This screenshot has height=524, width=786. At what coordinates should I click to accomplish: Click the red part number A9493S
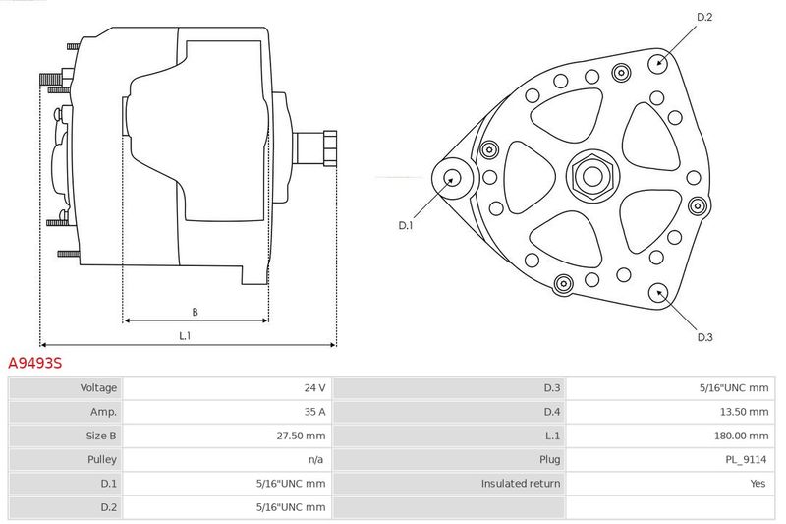pyautogui.click(x=35, y=363)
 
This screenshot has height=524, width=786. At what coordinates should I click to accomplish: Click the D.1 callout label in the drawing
pyautogui.click(x=406, y=226)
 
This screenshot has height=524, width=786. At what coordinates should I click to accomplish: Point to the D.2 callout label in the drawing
pyautogui.click(x=704, y=17)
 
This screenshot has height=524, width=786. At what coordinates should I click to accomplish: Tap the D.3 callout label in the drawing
pyautogui.click(x=704, y=337)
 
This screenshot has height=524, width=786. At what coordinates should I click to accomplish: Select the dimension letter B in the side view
pyautogui.click(x=195, y=312)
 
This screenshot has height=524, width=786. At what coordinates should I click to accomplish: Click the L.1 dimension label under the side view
pyautogui.click(x=185, y=336)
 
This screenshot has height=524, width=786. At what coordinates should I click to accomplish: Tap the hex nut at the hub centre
pyautogui.click(x=592, y=176)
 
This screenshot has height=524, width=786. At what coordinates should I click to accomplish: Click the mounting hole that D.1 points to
pyautogui.click(x=453, y=178)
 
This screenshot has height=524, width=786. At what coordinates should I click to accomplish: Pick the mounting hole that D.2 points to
pyautogui.click(x=658, y=63)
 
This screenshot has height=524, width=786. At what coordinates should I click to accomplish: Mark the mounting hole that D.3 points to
pyautogui.click(x=658, y=294)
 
